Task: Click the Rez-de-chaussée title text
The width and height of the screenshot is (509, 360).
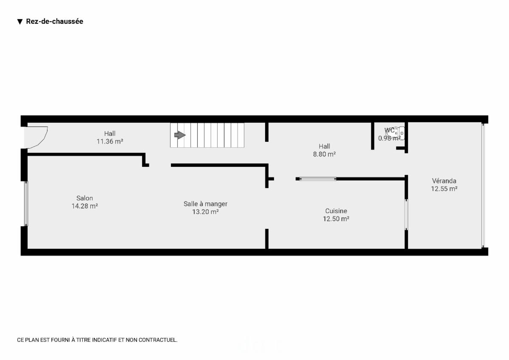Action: click(54, 22)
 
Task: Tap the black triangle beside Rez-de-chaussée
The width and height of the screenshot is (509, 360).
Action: click(20, 22)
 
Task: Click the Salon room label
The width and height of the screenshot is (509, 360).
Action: click(84, 198)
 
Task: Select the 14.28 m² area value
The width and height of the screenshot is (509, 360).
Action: click(84, 206)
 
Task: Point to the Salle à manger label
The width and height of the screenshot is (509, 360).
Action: click(205, 204)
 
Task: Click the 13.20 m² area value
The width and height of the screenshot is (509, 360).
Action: click(205, 212)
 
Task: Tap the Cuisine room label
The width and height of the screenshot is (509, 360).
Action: click(336, 211)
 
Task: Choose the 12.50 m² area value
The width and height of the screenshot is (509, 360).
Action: click(336, 219)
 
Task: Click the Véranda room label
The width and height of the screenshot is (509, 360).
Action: click(444, 181)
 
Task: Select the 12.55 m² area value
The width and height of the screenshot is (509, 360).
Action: click(444, 189)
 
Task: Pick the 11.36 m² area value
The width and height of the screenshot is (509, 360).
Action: click(110, 141)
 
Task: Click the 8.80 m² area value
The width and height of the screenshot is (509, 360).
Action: click(324, 154)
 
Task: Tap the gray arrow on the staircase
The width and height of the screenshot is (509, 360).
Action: click(180, 135)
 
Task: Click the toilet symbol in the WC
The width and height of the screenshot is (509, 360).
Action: click(397, 133)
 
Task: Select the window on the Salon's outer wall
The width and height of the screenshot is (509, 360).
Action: click(26, 203)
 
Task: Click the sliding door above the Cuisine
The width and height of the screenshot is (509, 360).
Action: click(317, 179)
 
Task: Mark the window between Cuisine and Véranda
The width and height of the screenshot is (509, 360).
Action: click(406, 214)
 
